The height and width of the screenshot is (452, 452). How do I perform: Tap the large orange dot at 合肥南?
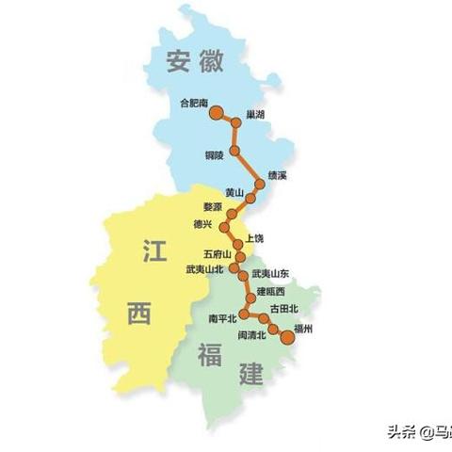216,115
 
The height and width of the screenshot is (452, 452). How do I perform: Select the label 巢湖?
255,113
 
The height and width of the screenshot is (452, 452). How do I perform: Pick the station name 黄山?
234,192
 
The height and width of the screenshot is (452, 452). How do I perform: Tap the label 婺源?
214,206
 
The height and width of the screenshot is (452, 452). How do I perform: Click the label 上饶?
254,239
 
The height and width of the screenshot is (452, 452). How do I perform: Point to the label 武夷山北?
205,269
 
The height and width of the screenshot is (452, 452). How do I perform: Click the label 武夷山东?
271,273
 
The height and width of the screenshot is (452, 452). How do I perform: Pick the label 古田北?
283,308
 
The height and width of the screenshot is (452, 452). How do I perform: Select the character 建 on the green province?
251,374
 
